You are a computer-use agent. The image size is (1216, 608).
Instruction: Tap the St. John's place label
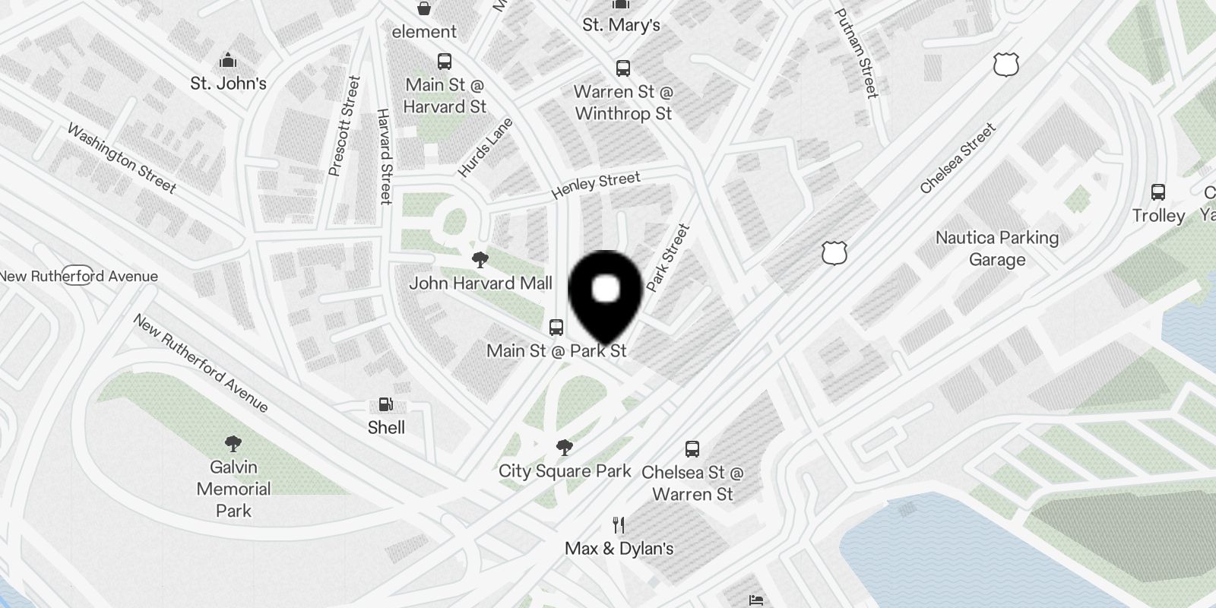click(228, 83)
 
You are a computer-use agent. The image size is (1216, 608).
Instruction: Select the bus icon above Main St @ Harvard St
click(445, 62)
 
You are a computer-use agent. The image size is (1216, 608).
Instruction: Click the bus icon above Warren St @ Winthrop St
click(623, 68)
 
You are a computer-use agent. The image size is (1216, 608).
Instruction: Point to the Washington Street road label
click(122, 158)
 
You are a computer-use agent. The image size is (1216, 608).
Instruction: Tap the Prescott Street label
click(344, 126)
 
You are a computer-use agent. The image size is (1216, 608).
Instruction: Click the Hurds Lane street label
click(485, 147)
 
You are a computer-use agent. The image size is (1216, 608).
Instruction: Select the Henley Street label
click(596, 185)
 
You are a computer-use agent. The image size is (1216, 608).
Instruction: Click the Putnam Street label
click(856, 53)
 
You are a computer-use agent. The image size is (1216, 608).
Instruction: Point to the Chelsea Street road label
click(957, 159)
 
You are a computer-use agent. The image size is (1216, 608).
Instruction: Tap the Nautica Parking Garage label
click(996, 249)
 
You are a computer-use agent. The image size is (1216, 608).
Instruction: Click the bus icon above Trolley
click(1158, 192)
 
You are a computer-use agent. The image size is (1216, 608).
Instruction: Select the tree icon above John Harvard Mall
click(480, 261)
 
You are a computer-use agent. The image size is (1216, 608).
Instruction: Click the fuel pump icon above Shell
click(386, 405)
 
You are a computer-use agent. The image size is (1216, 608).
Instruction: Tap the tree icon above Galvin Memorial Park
click(233, 444)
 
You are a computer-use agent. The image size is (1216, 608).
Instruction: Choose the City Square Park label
click(565, 470)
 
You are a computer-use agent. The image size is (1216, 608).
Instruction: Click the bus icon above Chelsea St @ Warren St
click(692, 448)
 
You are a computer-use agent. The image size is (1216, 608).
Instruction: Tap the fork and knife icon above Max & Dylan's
click(619, 525)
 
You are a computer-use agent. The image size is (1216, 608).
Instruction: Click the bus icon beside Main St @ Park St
click(556, 328)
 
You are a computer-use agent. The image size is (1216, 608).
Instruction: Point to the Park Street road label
click(668, 258)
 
